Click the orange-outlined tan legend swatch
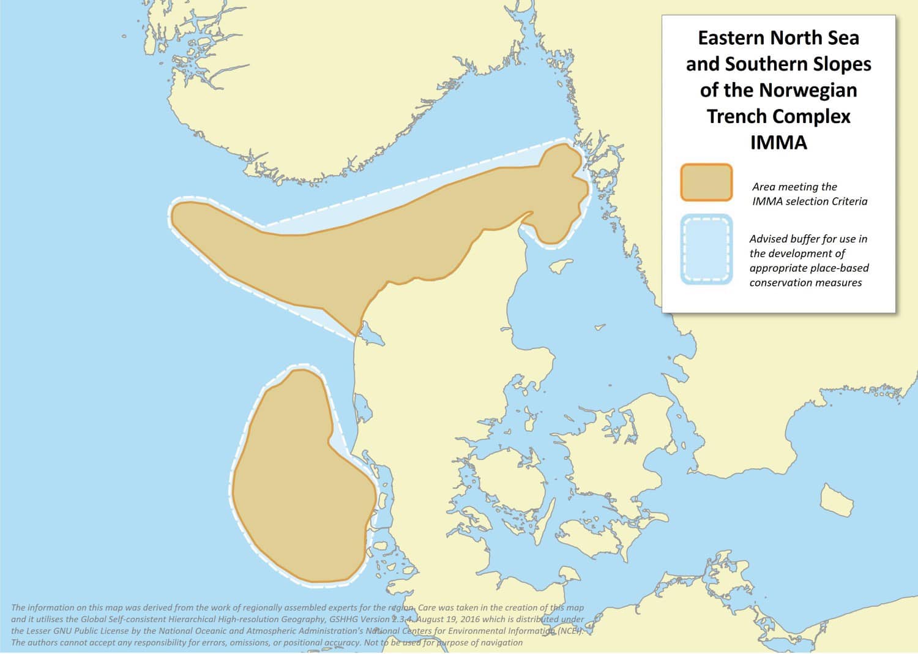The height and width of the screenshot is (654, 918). tap(706, 182)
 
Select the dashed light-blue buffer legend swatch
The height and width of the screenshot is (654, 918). tap(706, 249)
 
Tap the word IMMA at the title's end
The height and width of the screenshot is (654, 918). tap(778, 142)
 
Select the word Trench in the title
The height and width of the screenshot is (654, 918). tap(736, 116)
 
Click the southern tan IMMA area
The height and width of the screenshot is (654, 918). tap(300, 484)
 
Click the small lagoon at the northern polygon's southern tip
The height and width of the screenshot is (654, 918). tap(370, 335)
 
